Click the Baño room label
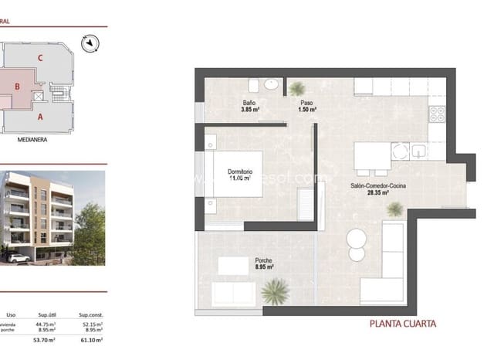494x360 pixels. pos(249,103)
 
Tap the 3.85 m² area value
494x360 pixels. pos(250,110)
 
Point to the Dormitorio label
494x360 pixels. pos(241,171)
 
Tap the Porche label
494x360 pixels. pos(263,260)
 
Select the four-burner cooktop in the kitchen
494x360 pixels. pos(437,113)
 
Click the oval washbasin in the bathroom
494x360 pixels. pos(271,84)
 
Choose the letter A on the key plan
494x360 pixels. pos(39,117)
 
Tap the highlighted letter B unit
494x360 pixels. pos(16,87)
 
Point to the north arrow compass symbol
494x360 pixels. pos(93,43)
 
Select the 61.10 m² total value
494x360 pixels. pos(90,339)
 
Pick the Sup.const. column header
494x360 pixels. pos(90,315)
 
